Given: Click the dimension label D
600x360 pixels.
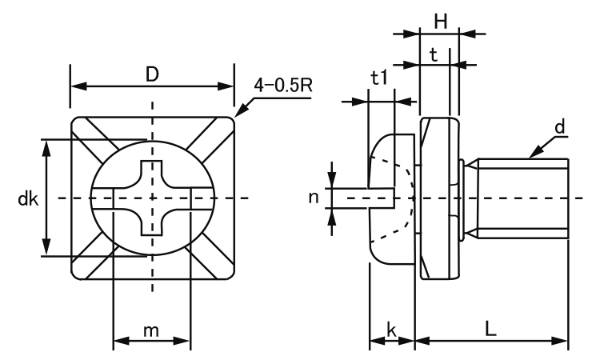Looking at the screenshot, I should tap(152, 74).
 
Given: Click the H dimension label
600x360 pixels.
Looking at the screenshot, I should tap(439, 22).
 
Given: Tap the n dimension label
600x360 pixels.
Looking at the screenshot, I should tap(316, 196).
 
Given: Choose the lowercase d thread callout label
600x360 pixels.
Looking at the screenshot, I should tap(560, 127).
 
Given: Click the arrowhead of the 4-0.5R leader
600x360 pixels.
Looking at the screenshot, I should tap(237, 116).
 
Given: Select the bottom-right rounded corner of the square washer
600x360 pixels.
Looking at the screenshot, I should tap(230, 276).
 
